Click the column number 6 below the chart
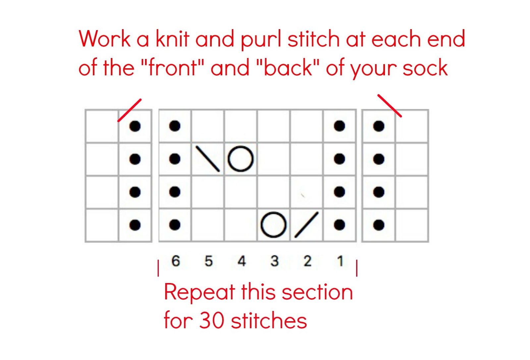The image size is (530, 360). pyautogui.click(x=176, y=261)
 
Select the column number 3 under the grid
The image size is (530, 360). pyautogui.click(x=275, y=261)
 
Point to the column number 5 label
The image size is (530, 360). pyautogui.click(x=209, y=261)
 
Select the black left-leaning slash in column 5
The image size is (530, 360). pyautogui.click(x=208, y=159)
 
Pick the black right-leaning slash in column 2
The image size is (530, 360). pyautogui.click(x=307, y=224)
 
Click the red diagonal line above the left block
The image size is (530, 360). pyautogui.click(x=130, y=110)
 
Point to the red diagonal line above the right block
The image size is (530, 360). pyautogui.click(x=390, y=106)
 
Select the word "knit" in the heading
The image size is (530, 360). pyautogui.click(x=173, y=38)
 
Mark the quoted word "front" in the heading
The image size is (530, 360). pyautogui.click(x=172, y=67)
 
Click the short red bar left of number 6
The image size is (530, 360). pyautogui.click(x=158, y=268)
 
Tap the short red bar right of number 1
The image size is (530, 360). pyautogui.click(x=356, y=268)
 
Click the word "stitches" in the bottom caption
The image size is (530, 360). pyautogui.click(x=269, y=320)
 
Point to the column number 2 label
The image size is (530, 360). pyautogui.click(x=307, y=261)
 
